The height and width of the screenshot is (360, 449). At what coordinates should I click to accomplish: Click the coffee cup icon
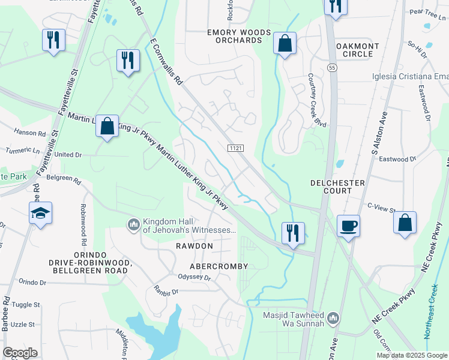tap(348, 226)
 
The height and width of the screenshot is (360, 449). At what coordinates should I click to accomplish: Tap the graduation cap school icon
tap(41, 213)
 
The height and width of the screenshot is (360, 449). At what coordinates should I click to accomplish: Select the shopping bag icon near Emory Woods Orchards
tap(285, 43)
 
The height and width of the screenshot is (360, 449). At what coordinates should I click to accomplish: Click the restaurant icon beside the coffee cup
tap(293, 233)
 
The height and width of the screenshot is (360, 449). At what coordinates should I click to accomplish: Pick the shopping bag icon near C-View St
tap(406, 221)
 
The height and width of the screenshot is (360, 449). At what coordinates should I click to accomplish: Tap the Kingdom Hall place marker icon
tap(133, 224)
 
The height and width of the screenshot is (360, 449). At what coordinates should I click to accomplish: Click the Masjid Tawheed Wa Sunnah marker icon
tap(334, 317)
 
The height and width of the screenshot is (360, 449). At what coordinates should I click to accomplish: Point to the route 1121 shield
tap(235, 147)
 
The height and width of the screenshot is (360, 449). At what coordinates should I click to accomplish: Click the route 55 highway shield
tap(331, 68)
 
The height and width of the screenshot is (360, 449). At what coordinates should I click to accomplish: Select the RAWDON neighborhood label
tap(194, 247)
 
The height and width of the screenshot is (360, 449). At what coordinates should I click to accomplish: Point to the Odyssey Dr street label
tap(194, 277)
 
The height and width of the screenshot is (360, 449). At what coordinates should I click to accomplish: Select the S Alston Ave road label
tap(382, 132)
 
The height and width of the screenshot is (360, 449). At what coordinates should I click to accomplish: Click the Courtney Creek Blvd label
tap(316, 100)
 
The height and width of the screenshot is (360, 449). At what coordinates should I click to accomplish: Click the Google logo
tap(20, 352)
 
